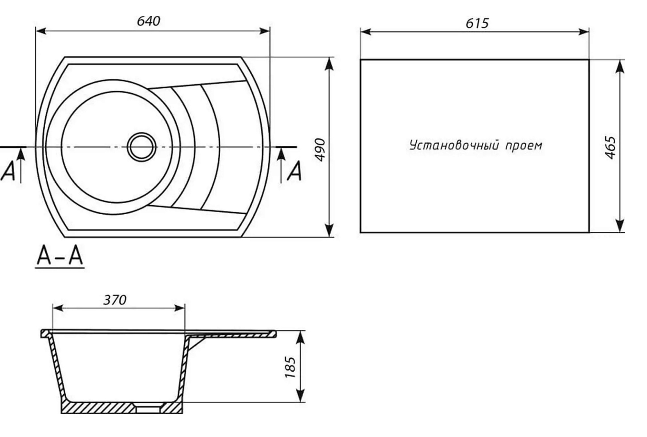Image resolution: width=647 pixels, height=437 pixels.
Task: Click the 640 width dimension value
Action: [148, 21]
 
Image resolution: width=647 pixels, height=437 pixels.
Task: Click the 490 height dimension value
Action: [320, 150]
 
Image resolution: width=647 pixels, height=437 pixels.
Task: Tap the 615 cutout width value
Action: [477, 23]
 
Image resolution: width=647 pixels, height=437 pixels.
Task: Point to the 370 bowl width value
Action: [115, 300]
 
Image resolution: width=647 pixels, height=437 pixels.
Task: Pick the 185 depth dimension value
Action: [290, 367]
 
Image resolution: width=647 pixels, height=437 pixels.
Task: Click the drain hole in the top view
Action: [142, 147]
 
